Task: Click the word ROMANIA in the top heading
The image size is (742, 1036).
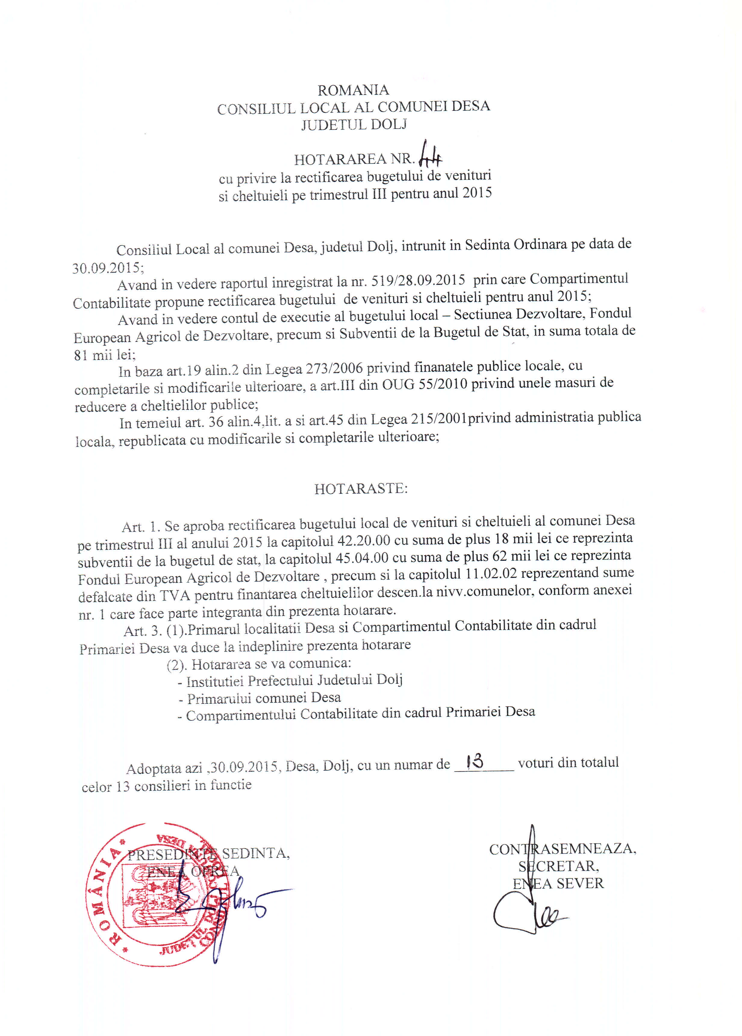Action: pyautogui.click(x=353, y=90)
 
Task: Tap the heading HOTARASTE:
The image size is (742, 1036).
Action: pyautogui.click(x=361, y=489)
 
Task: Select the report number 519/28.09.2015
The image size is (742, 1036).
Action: pyautogui.click(x=418, y=280)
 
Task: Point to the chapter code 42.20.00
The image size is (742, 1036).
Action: pyautogui.click(x=363, y=540)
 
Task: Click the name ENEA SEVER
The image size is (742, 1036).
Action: pyautogui.click(x=558, y=883)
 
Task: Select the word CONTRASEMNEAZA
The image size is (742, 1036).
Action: pyautogui.click(x=562, y=849)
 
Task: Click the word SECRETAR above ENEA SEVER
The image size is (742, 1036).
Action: pyautogui.click(x=558, y=866)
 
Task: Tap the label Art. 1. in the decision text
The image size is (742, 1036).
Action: pyautogui.click(x=141, y=527)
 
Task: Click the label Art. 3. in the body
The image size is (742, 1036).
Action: pyautogui.click(x=142, y=631)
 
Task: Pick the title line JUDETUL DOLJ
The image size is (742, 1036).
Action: pyautogui.click(x=354, y=124)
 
